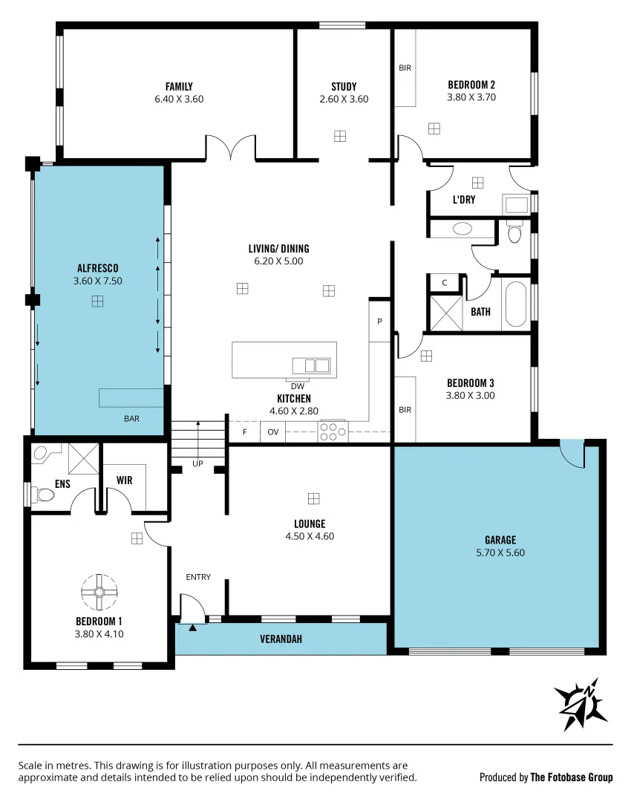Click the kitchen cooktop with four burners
pyautogui.click(x=332, y=431)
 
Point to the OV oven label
pyautogui.click(x=272, y=431)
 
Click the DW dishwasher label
pyautogui.click(x=297, y=386)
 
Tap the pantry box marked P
pyautogui.click(x=379, y=322)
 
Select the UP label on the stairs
pyautogui.click(x=197, y=463)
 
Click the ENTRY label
pyautogui.click(x=198, y=577)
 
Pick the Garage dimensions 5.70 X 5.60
pyautogui.click(x=500, y=552)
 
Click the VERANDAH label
pyautogui.click(x=281, y=639)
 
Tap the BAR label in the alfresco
pyautogui.click(x=131, y=419)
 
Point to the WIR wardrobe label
pyautogui.click(x=124, y=480)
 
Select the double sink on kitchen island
pyautogui.click(x=311, y=365)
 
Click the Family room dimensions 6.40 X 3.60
pyautogui.click(x=179, y=99)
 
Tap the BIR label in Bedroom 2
pyautogui.click(x=405, y=68)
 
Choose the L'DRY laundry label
pyautogui.click(x=464, y=200)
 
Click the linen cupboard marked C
pyautogui.click(x=444, y=283)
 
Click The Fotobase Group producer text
pyautogui.click(x=571, y=777)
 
